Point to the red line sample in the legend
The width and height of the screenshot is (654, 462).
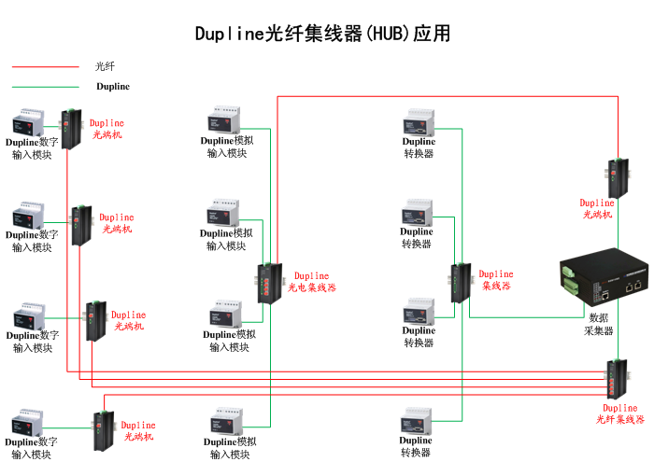tap(45, 66)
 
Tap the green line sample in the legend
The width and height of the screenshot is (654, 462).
tap(45, 87)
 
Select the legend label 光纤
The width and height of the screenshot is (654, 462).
tap(105, 66)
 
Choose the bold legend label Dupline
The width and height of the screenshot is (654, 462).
tap(113, 87)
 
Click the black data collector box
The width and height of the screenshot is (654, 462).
tap(602, 277)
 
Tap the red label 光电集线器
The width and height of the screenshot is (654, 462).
tap(311, 287)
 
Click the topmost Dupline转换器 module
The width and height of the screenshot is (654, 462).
tap(419, 124)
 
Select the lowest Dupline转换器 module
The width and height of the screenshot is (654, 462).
tap(416, 421)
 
